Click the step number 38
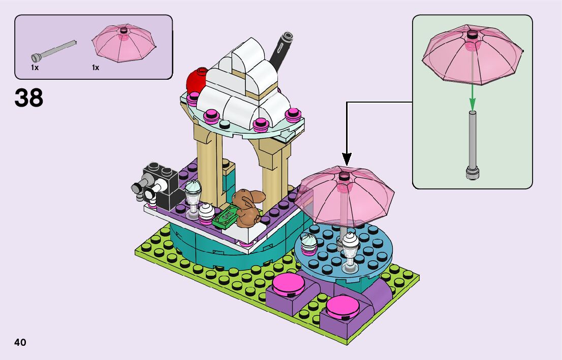tap(29, 98)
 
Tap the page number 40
tap(20, 342)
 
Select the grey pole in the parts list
tap(54, 49)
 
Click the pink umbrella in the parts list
tap(124, 44)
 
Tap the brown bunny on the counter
tap(247, 207)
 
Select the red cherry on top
tap(196, 81)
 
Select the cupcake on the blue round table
tap(309, 243)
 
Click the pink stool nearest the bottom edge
tap(341, 308)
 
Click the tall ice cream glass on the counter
tap(193, 195)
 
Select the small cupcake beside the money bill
tap(206, 212)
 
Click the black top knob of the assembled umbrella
tap(345, 176)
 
